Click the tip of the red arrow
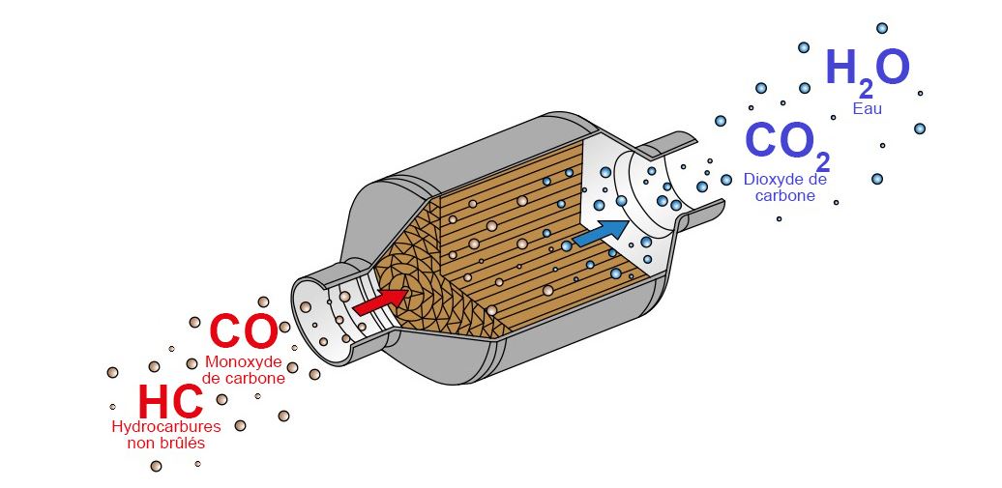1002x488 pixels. [x=408, y=293]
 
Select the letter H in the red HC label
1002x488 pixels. [x=154, y=401]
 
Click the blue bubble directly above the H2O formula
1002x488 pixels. [x=882, y=28]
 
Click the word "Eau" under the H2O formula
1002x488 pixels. [x=868, y=108]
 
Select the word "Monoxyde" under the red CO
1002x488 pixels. [x=243, y=362]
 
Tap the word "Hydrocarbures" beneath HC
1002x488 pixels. [x=166, y=427]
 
